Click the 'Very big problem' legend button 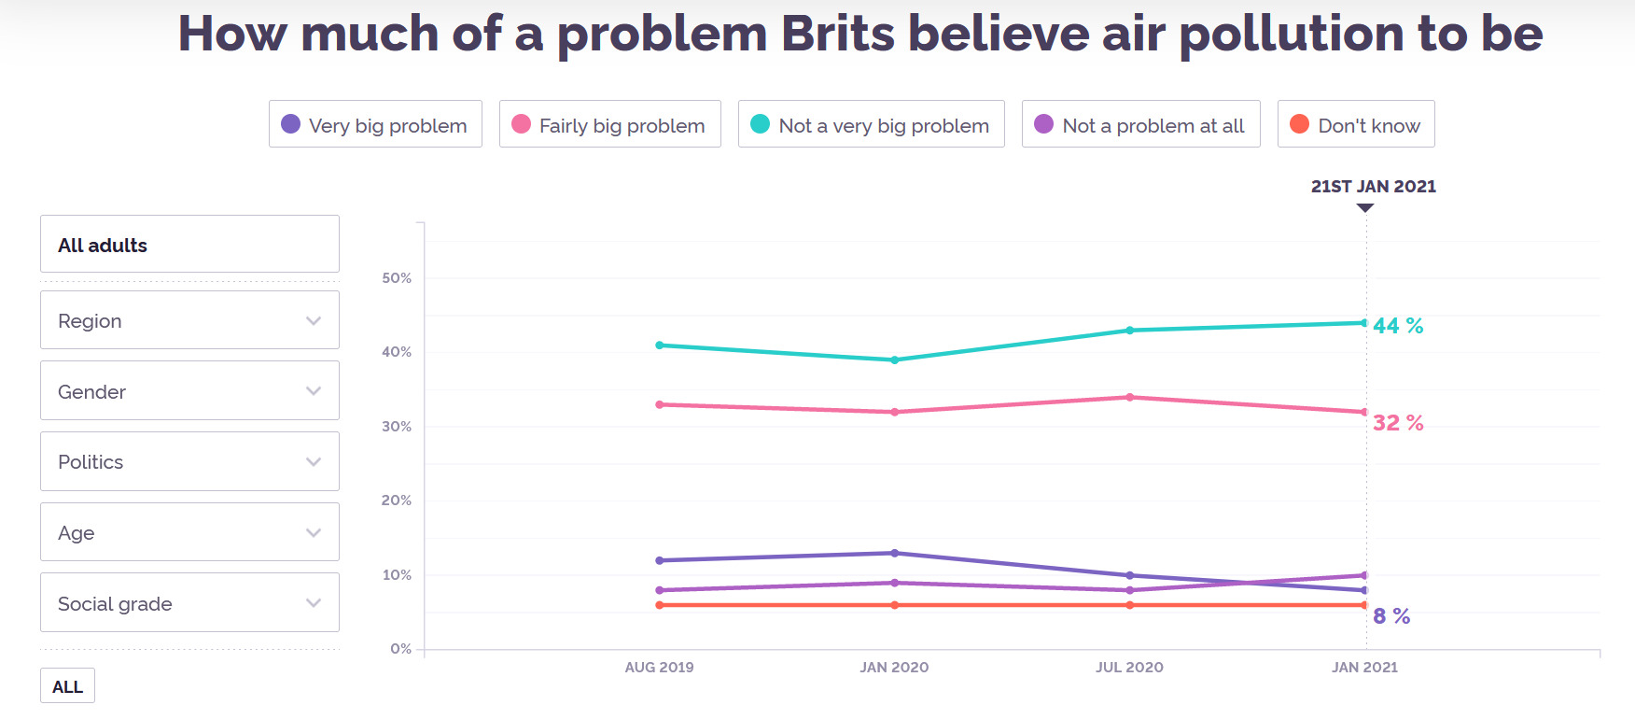[375, 124]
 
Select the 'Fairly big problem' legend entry [610, 124]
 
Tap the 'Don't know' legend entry [1356, 124]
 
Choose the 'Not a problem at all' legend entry [1141, 124]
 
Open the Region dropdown [189, 320]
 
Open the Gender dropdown [189, 391]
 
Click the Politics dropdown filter [189, 461]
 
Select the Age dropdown [189, 532]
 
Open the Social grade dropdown [189, 603]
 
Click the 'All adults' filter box [189, 245]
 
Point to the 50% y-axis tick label [397, 278]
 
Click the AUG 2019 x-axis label [659, 667]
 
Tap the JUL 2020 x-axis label [1129, 667]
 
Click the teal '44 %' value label [1398, 326]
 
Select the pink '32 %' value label [1398, 423]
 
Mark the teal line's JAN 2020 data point [895, 359]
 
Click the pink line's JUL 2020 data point [1130, 397]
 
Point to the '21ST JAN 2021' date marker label [1373, 186]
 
